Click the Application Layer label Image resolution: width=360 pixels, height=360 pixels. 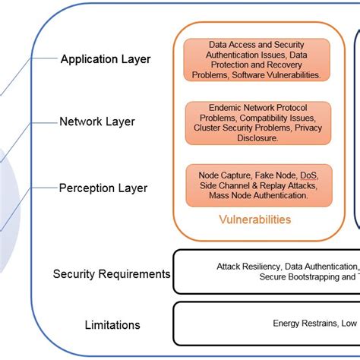(x=106, y=59)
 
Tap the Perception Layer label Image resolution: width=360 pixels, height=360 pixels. (x=103, y=188)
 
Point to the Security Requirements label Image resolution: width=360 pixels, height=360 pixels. (x=112, y=273)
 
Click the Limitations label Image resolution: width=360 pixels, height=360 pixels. (x=112, y=325)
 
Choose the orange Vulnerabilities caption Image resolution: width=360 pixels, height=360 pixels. (x=254, y=219)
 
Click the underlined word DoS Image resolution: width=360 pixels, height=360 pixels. (x=309, y=175)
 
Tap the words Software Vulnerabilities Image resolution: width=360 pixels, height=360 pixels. (x=281, y=75)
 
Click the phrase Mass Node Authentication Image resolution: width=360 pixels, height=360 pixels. (x=258, y=195)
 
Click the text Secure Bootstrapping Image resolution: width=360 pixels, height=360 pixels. (x=304, y=277)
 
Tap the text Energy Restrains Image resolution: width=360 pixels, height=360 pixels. (x=305, y=324)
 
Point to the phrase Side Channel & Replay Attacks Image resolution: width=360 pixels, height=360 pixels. (x=258, y=185)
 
